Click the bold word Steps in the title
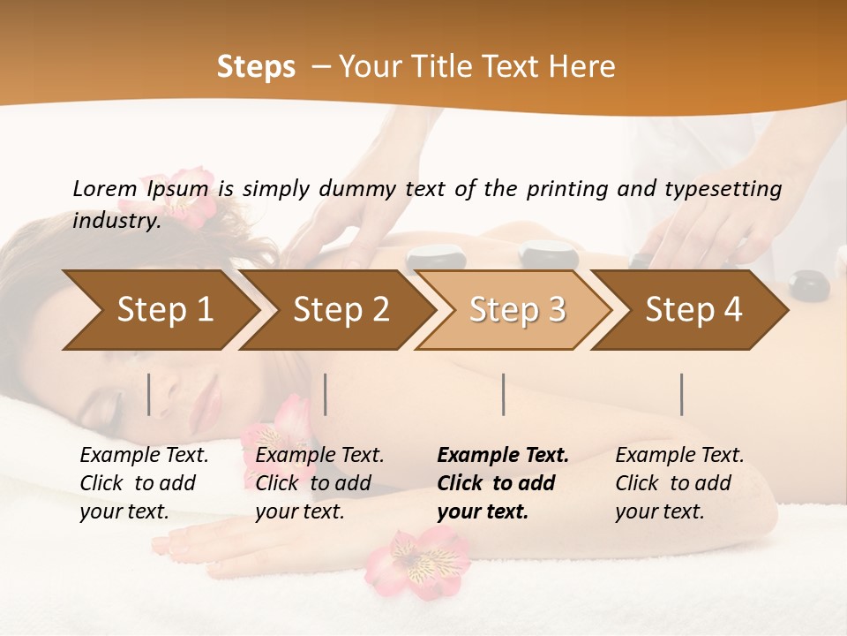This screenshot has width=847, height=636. [x=256, y=67]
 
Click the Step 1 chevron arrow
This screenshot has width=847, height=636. [x=159, y=310]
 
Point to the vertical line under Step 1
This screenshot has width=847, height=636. [x=149, y=394]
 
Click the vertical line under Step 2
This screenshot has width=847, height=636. [x=326, y=394]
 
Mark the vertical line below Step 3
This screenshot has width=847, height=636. [x=503, y=394]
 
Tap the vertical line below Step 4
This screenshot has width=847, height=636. [x=681, y=394]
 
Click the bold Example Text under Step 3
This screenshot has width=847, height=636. [x=503, y=456]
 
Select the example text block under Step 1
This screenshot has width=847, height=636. [x=144, y=483]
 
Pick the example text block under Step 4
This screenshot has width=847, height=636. [x=679, y=483]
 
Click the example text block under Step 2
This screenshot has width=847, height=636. [x=319, y=483]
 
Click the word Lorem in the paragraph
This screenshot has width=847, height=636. [x=104, y=188]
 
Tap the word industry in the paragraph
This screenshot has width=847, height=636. [x=115, y=221]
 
